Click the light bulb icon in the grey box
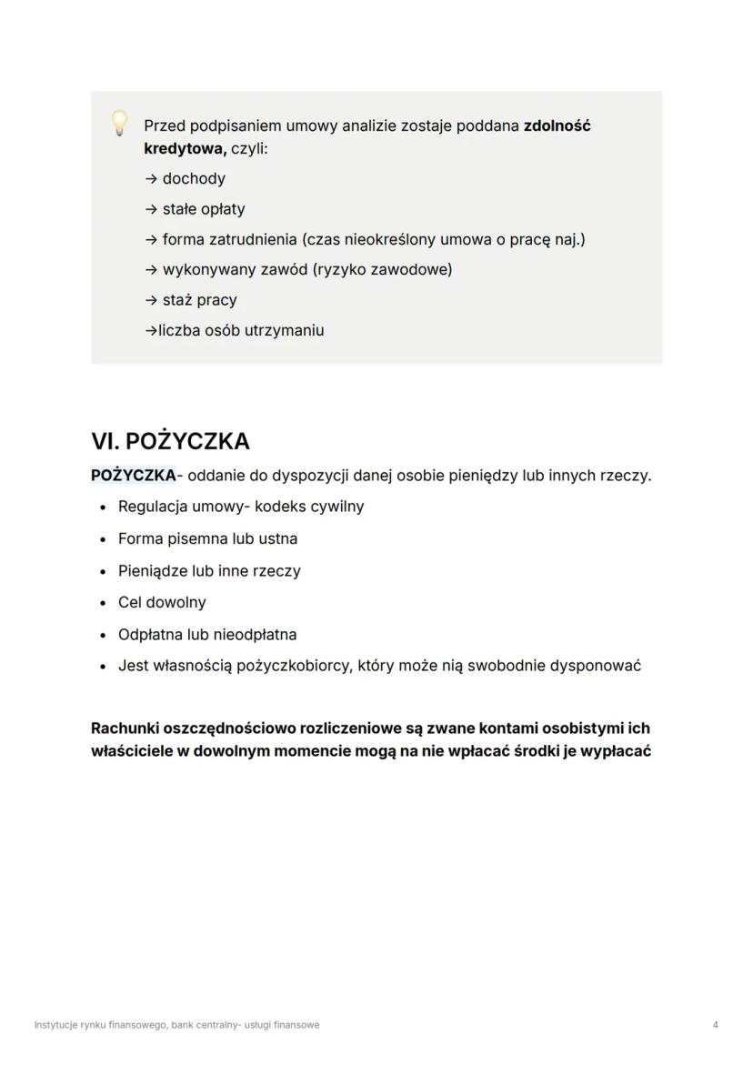click(119, 123)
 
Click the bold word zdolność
click(557, 126)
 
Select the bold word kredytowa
click(185, 147)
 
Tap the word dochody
click(194, 178)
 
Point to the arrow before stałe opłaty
click(151, 209)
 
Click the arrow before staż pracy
click(151, 300)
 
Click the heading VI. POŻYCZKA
click(170, 441)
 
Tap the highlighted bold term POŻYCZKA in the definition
click(133, 475)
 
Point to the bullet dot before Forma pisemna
click(104, 539)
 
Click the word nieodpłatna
click(255, 634)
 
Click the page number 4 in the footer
click(716, 1025)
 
